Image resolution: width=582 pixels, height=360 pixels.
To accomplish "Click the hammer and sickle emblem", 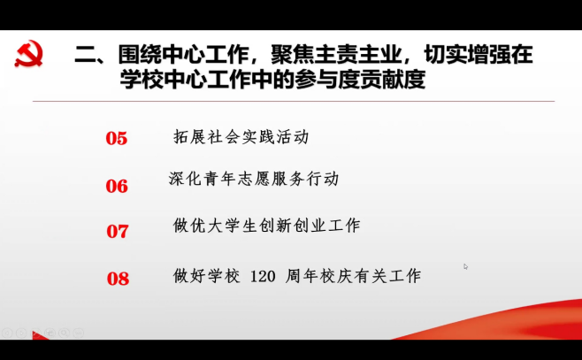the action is click(29, 53).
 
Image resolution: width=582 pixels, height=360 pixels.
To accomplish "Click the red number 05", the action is click(117, 139).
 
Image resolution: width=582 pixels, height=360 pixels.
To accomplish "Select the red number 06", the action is click(117, 186).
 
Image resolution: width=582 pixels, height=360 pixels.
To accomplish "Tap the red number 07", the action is click(118, 231).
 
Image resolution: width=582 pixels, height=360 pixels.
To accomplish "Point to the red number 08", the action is click(118, 279).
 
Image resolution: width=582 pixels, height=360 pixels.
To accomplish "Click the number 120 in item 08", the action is click(263, 277).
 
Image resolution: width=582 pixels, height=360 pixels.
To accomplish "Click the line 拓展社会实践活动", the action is click(241, 137).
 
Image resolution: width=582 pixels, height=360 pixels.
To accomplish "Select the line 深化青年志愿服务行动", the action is click(254, 179).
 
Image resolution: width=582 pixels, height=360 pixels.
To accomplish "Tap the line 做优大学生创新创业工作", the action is click(266, 226).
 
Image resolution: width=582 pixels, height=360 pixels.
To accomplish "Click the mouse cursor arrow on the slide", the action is click(465, 266).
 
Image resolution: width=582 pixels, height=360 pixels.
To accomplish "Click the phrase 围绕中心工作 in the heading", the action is click(184, 55).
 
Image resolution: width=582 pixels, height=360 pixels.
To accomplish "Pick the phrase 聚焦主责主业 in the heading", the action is click(337, 55).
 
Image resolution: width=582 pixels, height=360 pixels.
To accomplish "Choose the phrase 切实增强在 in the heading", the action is click(479, 55).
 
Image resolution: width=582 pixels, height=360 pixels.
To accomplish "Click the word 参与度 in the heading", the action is click(327, 79).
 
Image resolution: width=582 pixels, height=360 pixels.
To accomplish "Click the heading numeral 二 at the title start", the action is click(86, 55).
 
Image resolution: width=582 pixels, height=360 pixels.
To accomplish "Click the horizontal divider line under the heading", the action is click(294, 101).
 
